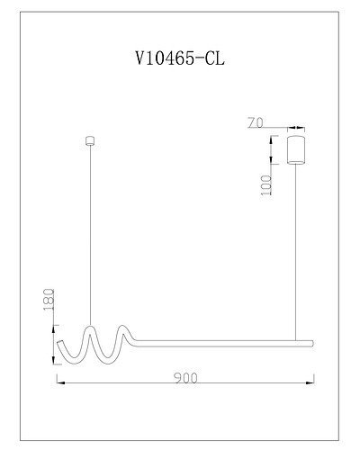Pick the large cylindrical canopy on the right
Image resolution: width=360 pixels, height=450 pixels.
(294, 148)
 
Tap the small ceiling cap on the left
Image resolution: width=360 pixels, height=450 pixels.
(88, 139)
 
